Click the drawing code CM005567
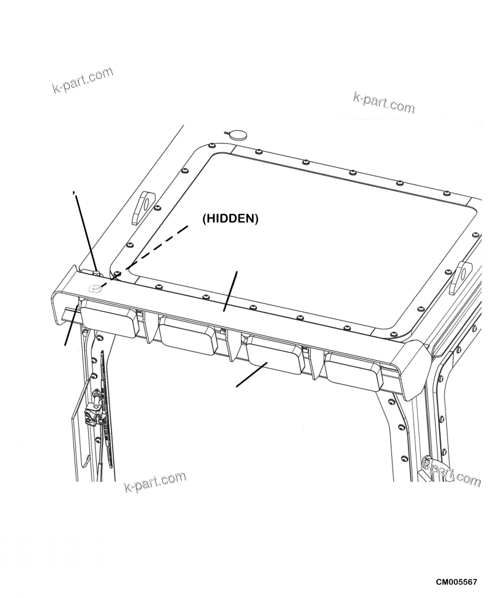[x=460, y=582]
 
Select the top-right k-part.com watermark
[x=383, y=102]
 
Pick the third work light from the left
[x=274, y=354]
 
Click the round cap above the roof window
[x=236, y=134]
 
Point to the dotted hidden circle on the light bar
[x=94, y=289]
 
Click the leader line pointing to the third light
[x=251, y=375]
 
